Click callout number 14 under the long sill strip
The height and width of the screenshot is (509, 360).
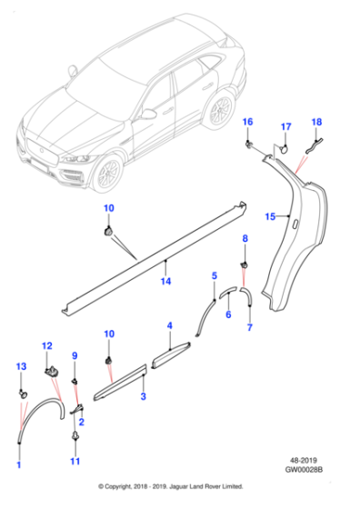(x=165, y=283)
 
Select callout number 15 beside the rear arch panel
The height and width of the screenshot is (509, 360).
(x=268, y=216)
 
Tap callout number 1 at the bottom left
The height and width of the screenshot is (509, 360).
(x=18, y=466)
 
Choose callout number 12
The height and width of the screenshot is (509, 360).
(x=48, y=345)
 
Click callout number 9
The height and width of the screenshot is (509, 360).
(x=75, y=355)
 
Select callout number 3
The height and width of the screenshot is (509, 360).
(x=142, y=397)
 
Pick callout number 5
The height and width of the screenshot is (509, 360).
(x=214, y=274)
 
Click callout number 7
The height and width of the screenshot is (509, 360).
(x=249, y=327)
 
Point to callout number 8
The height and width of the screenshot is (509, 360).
(x=244, y=238)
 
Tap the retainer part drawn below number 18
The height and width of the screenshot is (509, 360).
(x=314, y=142)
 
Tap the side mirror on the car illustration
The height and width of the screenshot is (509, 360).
(x=148, y=115)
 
